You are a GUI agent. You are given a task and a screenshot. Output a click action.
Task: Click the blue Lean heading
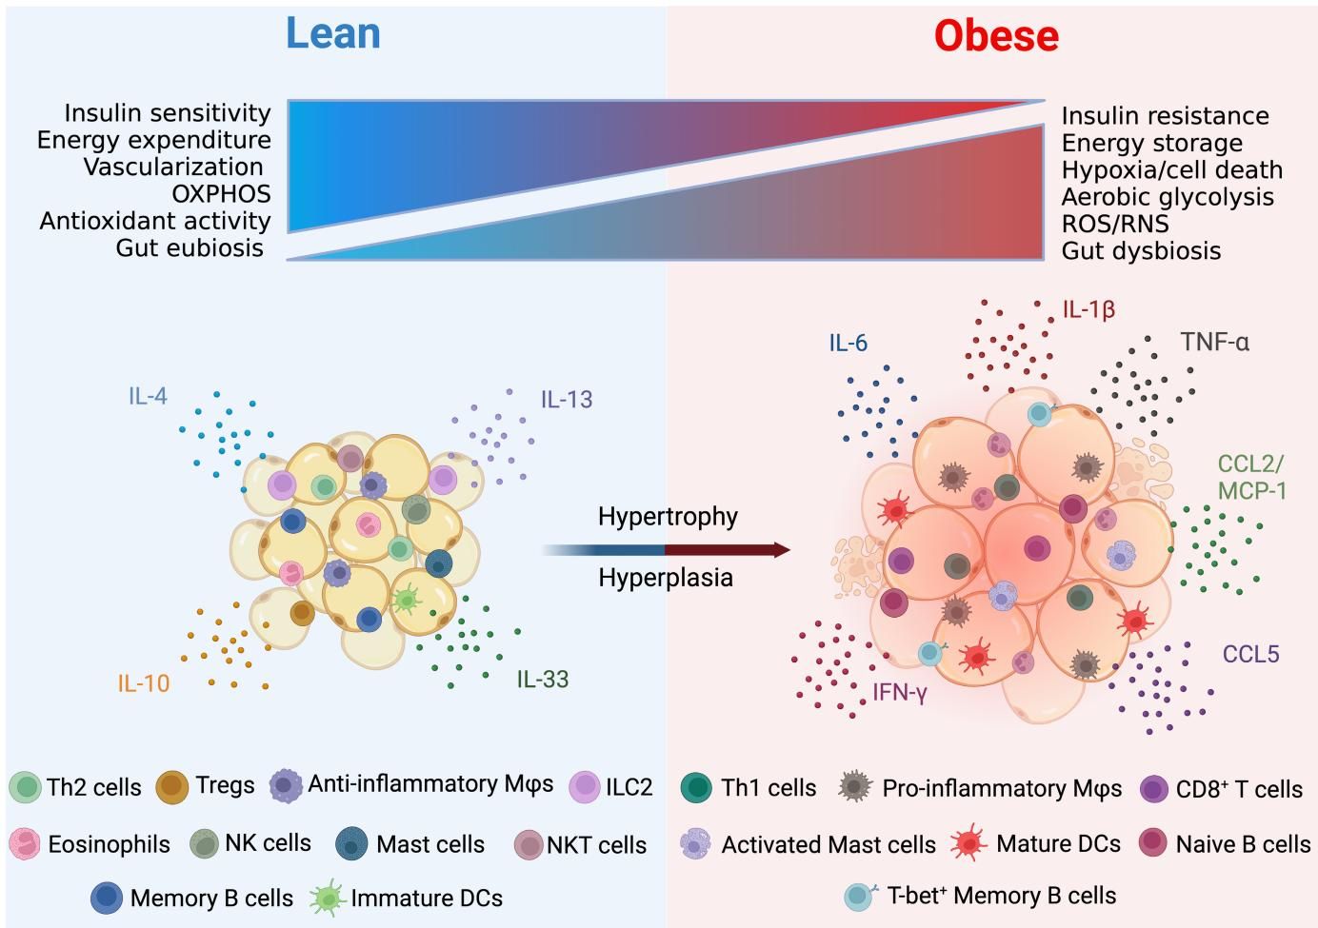(333, 33)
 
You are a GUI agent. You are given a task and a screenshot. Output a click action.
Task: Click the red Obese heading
(996, 36)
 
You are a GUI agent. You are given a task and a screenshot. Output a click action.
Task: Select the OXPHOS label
(221, 194)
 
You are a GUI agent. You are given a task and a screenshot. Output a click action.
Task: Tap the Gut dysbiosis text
(1141, 251)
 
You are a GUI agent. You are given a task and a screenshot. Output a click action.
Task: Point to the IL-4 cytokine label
(148, 396)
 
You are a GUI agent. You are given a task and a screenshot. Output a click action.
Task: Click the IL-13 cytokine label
(567, 400)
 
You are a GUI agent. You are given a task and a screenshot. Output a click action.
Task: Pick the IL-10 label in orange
(144, 682)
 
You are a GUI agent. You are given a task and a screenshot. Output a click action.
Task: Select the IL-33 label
(543, 680)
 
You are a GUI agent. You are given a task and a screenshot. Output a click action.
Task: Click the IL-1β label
(1088, 309)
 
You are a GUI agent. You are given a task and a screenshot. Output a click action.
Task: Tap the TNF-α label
(1214, 342)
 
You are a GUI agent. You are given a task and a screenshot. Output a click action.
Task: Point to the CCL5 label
(1250, 655)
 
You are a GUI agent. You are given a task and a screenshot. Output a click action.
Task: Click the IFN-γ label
(900, 693)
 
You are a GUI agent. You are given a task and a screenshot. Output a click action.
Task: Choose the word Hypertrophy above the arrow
(668, 517)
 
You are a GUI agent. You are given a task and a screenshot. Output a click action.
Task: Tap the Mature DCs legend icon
(969, 843)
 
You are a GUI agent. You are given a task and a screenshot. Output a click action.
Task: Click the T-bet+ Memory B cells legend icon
(860, 896)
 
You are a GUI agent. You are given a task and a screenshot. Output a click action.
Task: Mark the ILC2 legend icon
(584, 786)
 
